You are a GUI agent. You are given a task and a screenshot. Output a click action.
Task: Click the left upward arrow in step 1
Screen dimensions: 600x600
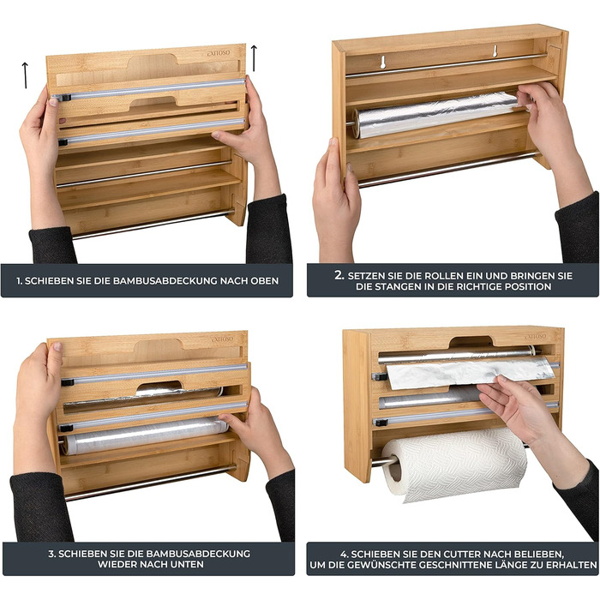pos(25,75)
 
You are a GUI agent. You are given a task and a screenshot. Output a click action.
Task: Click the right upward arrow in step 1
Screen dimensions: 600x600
pos(254,58)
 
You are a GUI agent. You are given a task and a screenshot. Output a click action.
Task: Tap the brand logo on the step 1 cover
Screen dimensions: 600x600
pos(219,53)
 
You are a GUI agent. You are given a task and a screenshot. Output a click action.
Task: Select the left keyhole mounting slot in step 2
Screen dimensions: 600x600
pos(382,63)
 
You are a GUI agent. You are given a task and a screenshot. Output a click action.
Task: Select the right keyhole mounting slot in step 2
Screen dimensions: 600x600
pos(495,51)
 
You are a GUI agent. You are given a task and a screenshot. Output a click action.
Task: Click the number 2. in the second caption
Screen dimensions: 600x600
pos(339,275)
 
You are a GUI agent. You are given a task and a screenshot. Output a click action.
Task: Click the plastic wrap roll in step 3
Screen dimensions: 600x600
pos(146,435)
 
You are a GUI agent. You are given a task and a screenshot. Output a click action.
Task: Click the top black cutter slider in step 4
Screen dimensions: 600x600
pos(381,377)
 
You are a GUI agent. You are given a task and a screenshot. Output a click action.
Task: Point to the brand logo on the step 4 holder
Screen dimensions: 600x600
pos(535,336)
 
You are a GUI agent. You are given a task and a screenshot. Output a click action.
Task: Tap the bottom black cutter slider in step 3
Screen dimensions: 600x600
pos(67,428)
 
